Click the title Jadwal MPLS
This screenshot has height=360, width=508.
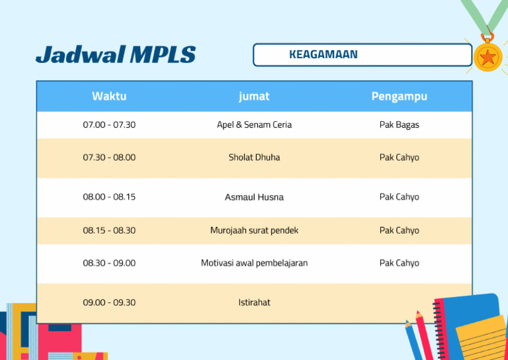[x=116, y=54]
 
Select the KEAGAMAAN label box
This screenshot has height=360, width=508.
[x=362, y=55]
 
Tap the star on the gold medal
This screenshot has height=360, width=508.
[x=488, y=58]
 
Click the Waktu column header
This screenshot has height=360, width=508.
[x=109, y=96]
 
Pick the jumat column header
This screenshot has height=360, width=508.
[x=254, y=96]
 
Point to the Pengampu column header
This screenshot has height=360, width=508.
[x=399, y=96]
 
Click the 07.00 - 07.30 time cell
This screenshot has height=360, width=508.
[x=109, y=124]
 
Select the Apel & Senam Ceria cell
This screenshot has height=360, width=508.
[x=254, y=124]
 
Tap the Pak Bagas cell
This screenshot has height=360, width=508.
[x=399, y=124]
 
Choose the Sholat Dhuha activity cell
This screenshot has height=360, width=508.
[x=254, y=157]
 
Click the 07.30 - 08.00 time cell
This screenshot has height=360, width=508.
[x=109, y=157]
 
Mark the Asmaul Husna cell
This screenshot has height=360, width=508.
[x=254, y=197]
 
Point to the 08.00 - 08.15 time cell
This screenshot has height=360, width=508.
[x=109, y=197]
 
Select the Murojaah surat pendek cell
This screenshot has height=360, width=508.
[x=254, y=230]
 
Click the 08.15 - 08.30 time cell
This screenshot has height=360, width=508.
[x=109, y=230]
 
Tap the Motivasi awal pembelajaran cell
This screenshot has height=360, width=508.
[x=254, y=263]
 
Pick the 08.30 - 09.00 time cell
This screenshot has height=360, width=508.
[x=109, y=263]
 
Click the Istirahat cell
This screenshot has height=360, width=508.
[x=254, y=302]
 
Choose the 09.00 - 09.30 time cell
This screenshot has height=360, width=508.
[x=109, y=302]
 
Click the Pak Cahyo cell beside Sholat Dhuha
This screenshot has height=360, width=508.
[x=399, y=157]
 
